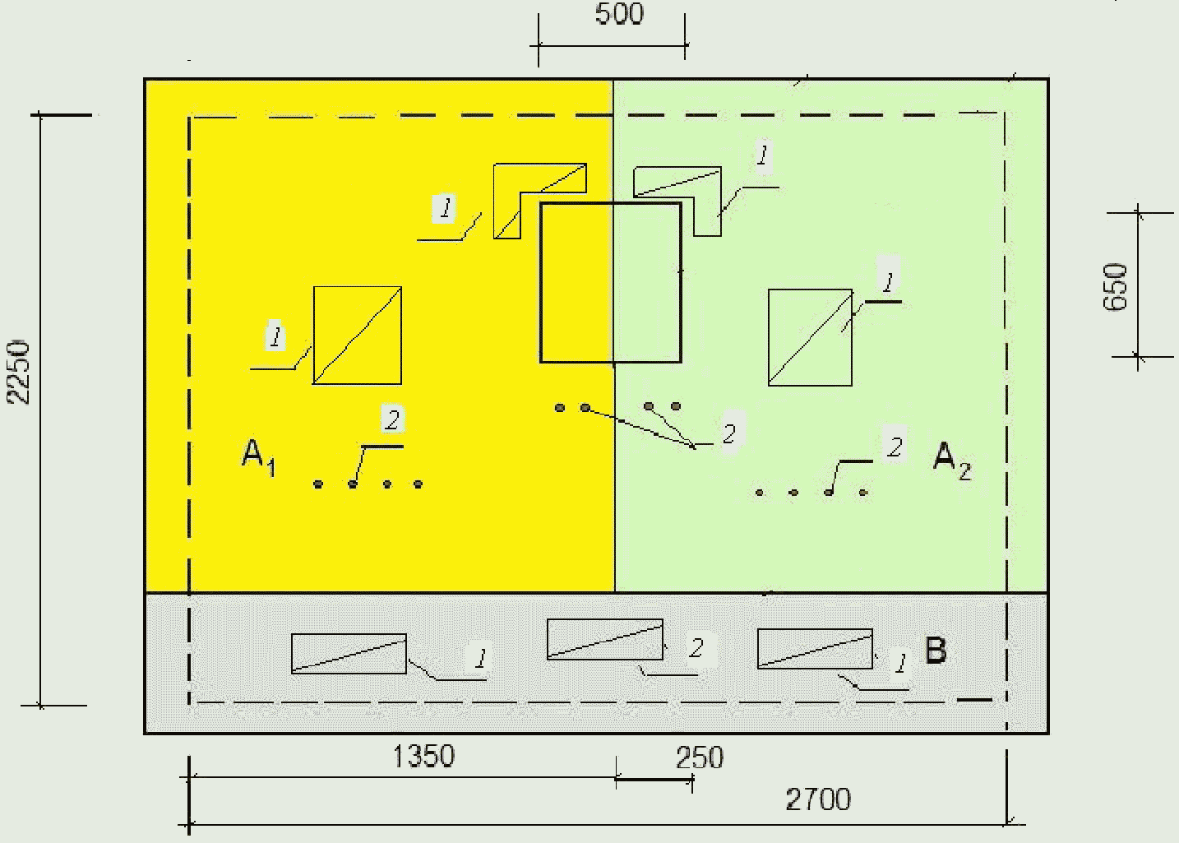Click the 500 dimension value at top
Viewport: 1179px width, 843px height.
[619, 14]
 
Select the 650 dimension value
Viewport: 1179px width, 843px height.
[1116, 286]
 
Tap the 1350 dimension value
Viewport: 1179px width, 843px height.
[423, 756]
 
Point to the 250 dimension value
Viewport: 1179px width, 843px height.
[700, 757]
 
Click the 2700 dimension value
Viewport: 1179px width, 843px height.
[818, 799]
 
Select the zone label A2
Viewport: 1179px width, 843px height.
[952, 459]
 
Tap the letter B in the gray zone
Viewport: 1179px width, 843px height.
[936, 651]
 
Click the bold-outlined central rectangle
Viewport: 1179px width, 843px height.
[610, 282]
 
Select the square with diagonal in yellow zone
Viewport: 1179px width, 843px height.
[357, 336]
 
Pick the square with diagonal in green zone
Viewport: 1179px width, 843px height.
[810, 337]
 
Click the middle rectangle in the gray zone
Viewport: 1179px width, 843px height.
[605, 639]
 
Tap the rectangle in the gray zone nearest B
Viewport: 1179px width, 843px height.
[815, 649]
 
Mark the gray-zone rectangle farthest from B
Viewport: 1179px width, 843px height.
[349, 653]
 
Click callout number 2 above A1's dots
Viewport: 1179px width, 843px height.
[392, 419]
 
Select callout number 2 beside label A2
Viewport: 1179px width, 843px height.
[895, 447]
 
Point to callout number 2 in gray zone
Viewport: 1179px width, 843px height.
[696, 648]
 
